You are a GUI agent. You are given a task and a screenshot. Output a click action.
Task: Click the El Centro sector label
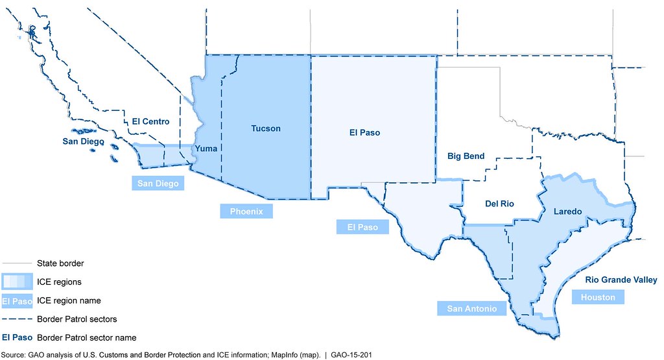click(x=150, y=121)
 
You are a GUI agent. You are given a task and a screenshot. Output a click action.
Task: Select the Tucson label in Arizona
click(x=266, y=128)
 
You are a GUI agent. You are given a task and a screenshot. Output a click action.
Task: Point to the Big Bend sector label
click(x=466, y=156)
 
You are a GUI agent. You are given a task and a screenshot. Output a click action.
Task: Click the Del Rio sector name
click(x=499, y=204)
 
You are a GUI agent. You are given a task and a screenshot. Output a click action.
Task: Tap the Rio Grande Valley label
click(x=621, y=280)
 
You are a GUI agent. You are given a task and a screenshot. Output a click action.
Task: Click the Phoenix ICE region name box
click(x=246, y=211)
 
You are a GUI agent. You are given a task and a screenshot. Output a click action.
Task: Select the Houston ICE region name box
click(x=598, y=296)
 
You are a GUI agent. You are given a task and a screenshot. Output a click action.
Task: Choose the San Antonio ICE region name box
click(x=471, y=308)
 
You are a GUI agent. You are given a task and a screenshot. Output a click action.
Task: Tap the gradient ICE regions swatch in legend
click(x=18, y=282)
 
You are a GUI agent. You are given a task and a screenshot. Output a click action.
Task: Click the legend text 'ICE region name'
click(x=68, y=301)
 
